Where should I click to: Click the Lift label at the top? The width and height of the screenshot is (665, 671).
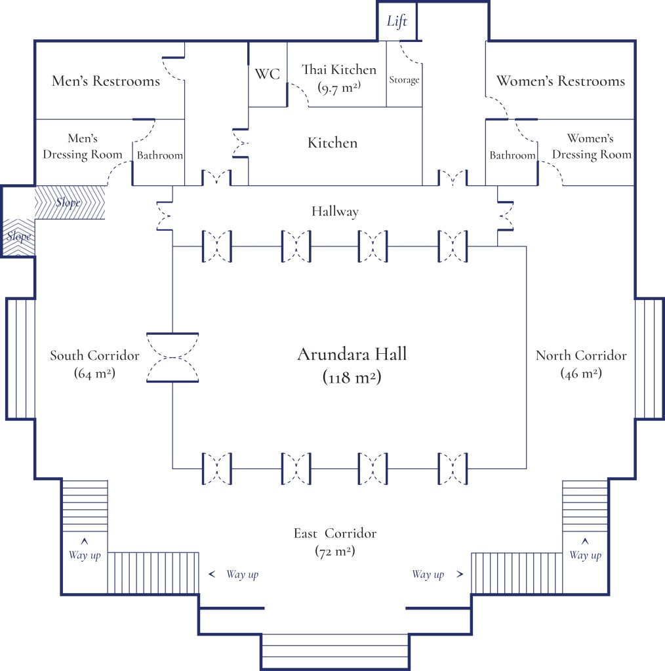[x=397, y=21]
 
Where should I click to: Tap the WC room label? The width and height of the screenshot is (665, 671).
[x=268, y=74]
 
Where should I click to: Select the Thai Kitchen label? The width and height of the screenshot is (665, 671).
[x=338, y=69]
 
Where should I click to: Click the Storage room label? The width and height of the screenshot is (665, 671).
[x=404, y=80]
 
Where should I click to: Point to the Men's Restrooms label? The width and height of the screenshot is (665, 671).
[x=106, y=81]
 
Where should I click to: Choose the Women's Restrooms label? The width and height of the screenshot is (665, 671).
[x=561, y=81]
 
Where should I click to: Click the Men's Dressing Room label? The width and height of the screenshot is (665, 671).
[x=83, y=147]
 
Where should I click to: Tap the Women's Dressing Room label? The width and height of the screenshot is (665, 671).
[x=590, y=147]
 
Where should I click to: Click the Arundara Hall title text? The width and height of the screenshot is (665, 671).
[x=352, y=355]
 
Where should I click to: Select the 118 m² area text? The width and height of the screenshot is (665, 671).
[x=352, y=377]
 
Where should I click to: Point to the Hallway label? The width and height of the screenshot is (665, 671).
[x=335, y=211]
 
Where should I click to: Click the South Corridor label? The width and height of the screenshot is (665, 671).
[x=94, y=356]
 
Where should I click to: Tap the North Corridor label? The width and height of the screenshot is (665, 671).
[x=581, y=356]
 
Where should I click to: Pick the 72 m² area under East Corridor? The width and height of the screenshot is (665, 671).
[x=335, y=551]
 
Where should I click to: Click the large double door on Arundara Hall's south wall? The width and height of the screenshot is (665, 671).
[x=172, y=357]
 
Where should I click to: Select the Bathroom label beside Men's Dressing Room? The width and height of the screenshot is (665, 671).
[x=159, y=155]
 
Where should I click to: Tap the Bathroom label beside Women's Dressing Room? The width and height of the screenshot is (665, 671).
[x=512, y=155]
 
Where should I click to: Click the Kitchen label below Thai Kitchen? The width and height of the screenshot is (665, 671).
[x=332, y=143]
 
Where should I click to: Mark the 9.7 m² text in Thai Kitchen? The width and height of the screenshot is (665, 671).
[x=338, y=86]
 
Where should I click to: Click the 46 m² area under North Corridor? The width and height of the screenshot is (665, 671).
[x=581, y=373]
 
